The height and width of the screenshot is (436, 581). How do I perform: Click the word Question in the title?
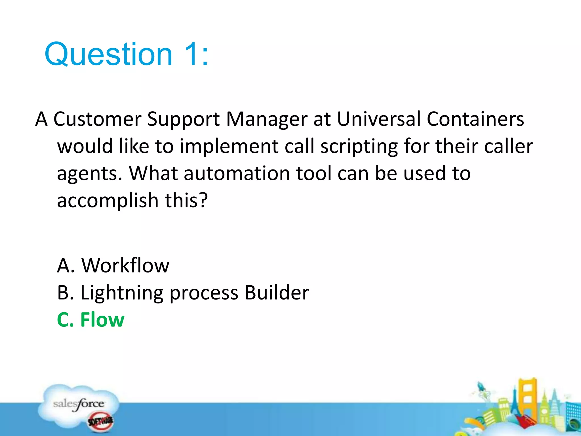pyautogui.click(x=109, y=54)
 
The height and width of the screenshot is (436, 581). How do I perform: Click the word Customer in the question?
pyautogui.click(x=97, y=119)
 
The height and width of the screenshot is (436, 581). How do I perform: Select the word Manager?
pyautogui.click(x=267, y=119)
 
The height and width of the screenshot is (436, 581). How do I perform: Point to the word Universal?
pyautogui.click(x=379, y=119)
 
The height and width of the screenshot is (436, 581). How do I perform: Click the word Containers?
pyautogui.click(x=475, y=119)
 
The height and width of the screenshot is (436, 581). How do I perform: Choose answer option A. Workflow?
pyautogui.click(x=113, y=265)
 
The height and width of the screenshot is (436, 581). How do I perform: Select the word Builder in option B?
pyautogui.click(x=277, y=292)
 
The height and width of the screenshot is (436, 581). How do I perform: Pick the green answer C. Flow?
pyautogui.click(x=91, y=320)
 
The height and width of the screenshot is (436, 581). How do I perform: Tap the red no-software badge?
pyautogui.click(x=100, y=421)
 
